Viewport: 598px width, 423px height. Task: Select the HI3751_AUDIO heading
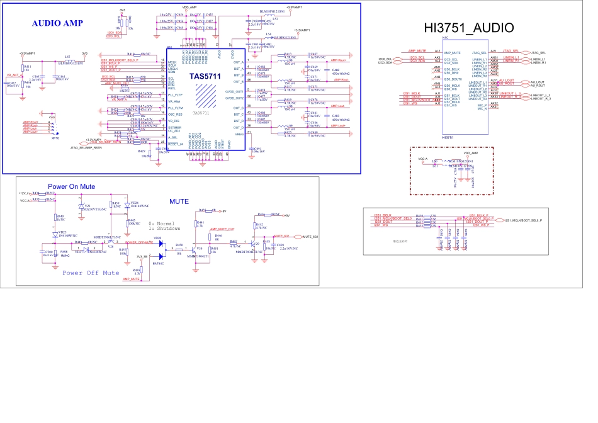[478, 28]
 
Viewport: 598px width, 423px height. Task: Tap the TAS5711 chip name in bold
[205, 76]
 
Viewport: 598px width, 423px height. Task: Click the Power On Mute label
[72, 186]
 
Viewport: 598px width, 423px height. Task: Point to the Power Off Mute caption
[91, 273]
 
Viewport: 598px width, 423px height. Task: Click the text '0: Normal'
[162, 223]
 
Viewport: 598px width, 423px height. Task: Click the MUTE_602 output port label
[310, 236]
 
